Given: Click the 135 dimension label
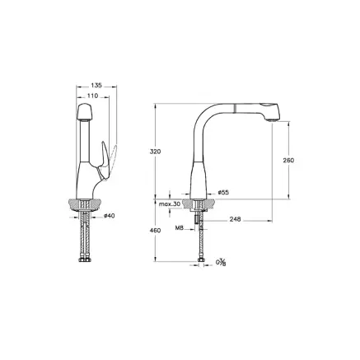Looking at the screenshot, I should click(x=96, y=86).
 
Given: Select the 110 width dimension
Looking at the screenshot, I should click(x=93, y=96).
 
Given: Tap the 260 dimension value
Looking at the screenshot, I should click(x=288, y=160).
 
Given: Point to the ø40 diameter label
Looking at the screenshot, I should click(x=109, y=216).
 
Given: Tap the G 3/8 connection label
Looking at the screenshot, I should click(x=220, y=264).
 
